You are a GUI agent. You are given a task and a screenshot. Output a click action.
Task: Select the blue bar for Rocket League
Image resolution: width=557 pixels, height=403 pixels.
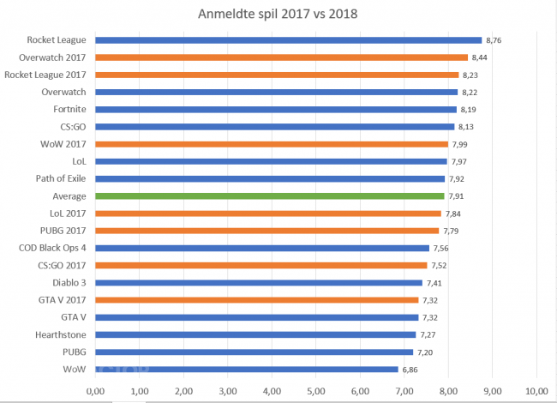click(x=289, y=39)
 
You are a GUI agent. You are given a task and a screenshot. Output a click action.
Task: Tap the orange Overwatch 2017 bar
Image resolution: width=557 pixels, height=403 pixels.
click(x=282, y=57)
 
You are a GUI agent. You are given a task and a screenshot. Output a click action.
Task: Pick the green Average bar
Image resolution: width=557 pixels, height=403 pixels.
click(x=270, y=195)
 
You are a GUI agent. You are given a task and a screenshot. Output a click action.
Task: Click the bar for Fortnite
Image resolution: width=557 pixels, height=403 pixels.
click(x=276, y=109)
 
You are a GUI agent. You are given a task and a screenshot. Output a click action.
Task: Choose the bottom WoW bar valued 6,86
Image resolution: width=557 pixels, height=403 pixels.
click(x=247, y=370)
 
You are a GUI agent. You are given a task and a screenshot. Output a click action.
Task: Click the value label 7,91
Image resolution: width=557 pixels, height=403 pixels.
click(x=456, y=196)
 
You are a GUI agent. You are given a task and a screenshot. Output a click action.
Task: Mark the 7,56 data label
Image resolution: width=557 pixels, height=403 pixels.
click(x=440, y=249)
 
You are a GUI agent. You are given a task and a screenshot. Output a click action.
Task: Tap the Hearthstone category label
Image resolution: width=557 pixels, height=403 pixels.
click(x=62, y=334)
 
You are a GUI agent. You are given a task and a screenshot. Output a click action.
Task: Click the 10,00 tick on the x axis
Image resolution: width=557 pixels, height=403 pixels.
click(x=536, y=391)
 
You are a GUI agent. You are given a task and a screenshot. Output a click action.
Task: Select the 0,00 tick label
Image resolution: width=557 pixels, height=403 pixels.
click(x=96, y=391)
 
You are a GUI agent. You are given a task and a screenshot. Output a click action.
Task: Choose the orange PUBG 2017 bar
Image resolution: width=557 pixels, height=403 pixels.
click(x=267, y=231)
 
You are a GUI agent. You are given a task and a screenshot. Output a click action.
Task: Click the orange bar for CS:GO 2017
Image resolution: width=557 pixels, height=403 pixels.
click(x=261, y=265)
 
